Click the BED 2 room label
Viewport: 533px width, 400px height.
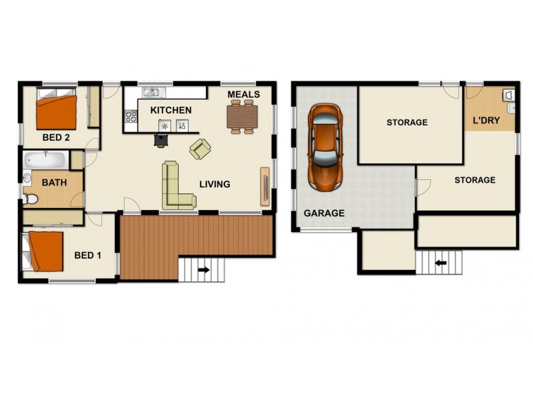click(57, 138)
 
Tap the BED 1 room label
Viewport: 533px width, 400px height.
click(88, 255)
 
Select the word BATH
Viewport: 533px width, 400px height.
click(54, 182)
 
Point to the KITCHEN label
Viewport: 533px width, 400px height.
click(171, 110)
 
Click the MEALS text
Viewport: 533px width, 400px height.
click(243, 95)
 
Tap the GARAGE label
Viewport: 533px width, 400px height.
click(324, 213)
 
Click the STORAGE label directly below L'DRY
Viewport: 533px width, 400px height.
click(474, 180)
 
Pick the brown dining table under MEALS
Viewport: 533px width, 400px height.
click(241, 117)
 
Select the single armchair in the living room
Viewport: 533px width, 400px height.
click(200, 149)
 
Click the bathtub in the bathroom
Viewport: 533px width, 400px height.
click(45, 160)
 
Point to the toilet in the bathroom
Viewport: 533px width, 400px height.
click(31, 198)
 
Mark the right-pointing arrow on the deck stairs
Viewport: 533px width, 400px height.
click(203, 270)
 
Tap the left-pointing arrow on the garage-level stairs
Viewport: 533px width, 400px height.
click(440, 263)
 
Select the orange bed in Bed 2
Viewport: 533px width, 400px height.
click(57, 113)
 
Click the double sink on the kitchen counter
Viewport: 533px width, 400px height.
click(153, 93)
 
